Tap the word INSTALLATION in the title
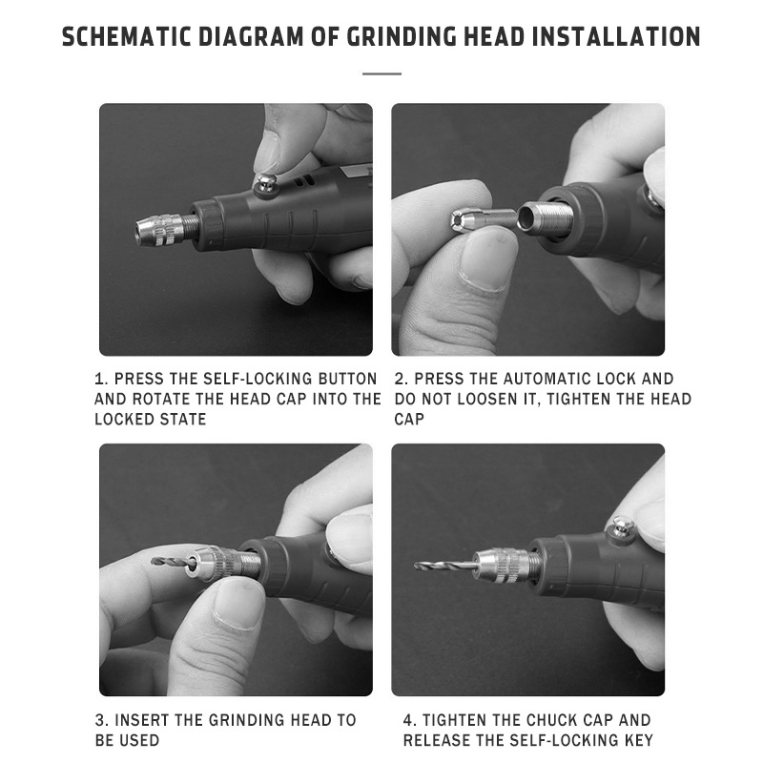click(x=616, y=36)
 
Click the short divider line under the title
click(x=381, y=74)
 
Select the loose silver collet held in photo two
click(x=482, y=218)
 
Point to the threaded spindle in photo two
click(x=546, y=217)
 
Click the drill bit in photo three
click(x=173, y=562)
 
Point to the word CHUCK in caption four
click(x=553, y=720)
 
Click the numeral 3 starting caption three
click(x=100, y=720)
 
